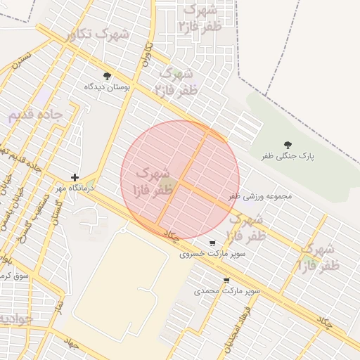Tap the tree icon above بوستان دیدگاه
108,76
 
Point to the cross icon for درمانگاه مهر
75,178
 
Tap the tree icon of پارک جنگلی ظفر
288,144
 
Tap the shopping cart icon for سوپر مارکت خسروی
212,243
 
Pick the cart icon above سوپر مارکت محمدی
226,280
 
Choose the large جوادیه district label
14,319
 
